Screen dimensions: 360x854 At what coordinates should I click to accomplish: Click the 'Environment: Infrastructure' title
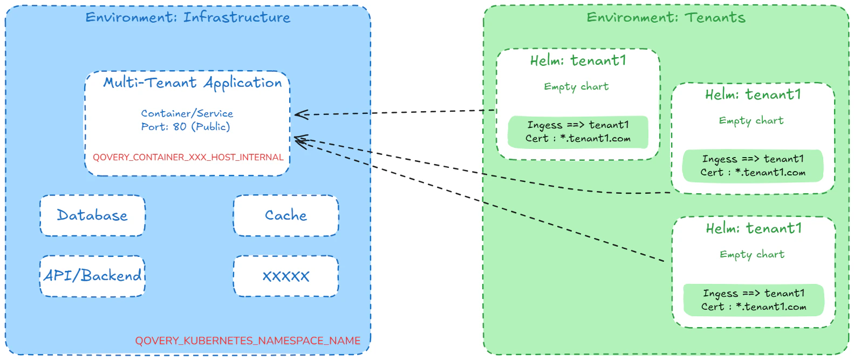188,17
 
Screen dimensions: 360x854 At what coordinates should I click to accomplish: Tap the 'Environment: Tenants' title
666,17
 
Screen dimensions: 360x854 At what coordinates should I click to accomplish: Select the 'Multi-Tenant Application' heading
193,83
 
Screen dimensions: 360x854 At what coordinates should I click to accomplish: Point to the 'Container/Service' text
187,113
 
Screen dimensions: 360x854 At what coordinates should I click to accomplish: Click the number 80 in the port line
180,127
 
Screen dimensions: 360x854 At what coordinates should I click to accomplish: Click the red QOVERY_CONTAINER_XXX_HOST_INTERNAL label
188,157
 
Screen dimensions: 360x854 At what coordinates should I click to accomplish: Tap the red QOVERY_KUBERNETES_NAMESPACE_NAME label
248,341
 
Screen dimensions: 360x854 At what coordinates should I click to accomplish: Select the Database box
92,215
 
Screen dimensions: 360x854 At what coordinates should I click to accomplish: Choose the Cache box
285,215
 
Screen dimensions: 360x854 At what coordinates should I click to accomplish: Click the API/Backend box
92,276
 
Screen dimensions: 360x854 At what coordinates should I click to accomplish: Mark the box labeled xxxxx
285,276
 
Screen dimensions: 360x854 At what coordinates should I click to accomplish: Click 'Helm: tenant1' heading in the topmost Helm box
578,60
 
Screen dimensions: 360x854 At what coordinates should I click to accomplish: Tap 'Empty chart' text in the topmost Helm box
576,87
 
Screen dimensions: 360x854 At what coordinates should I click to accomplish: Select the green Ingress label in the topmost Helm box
578,132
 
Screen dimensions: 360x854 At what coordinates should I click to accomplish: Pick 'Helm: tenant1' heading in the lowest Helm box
754,228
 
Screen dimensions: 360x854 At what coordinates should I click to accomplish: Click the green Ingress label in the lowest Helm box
754,300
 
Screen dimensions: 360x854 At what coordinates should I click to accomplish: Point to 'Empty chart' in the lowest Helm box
752,255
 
